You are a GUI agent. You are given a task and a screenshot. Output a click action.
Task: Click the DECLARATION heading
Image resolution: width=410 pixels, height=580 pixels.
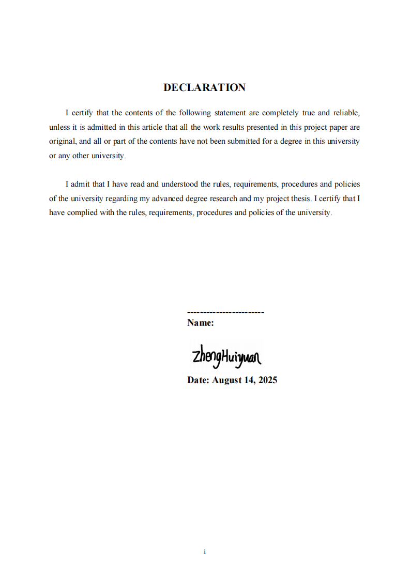(x=205, y=87)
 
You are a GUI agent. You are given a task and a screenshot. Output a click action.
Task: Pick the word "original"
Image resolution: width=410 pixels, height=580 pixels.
(x=62, y=141)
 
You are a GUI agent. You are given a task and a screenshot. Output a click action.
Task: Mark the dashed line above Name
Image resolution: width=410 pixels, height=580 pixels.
(x=225, y=312)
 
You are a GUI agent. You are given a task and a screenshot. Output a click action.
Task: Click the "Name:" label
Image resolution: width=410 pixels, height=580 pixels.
(x=201, y=323)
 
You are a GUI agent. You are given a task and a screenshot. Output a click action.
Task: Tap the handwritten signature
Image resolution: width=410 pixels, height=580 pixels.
(x=226, y=356)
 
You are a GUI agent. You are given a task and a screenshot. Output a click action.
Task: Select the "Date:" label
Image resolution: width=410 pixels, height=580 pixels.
(x=198, y=380)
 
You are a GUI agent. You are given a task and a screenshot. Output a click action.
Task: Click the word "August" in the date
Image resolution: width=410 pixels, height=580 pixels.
(x=227, y=380)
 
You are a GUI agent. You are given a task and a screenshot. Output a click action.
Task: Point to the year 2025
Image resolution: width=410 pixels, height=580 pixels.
(x=267, y=380)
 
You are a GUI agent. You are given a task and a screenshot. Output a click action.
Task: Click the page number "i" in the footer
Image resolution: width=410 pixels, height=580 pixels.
(x=205, y=552)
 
